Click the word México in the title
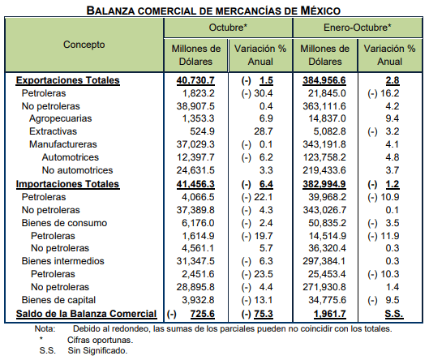320,11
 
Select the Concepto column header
84,45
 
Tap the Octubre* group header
228,28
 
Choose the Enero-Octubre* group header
358,28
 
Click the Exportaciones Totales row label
68,80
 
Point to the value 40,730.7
195,80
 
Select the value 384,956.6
324,80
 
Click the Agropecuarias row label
61,118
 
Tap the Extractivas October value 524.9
202,131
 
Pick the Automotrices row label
71,157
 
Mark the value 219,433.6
324,170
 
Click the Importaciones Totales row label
67,184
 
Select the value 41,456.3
195,184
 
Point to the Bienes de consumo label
64,223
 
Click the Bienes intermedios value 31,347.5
195,261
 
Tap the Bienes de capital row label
59,300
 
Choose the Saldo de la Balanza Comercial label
86,314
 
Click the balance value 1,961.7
330,314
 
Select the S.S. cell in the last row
394,314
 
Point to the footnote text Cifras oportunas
100,340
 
